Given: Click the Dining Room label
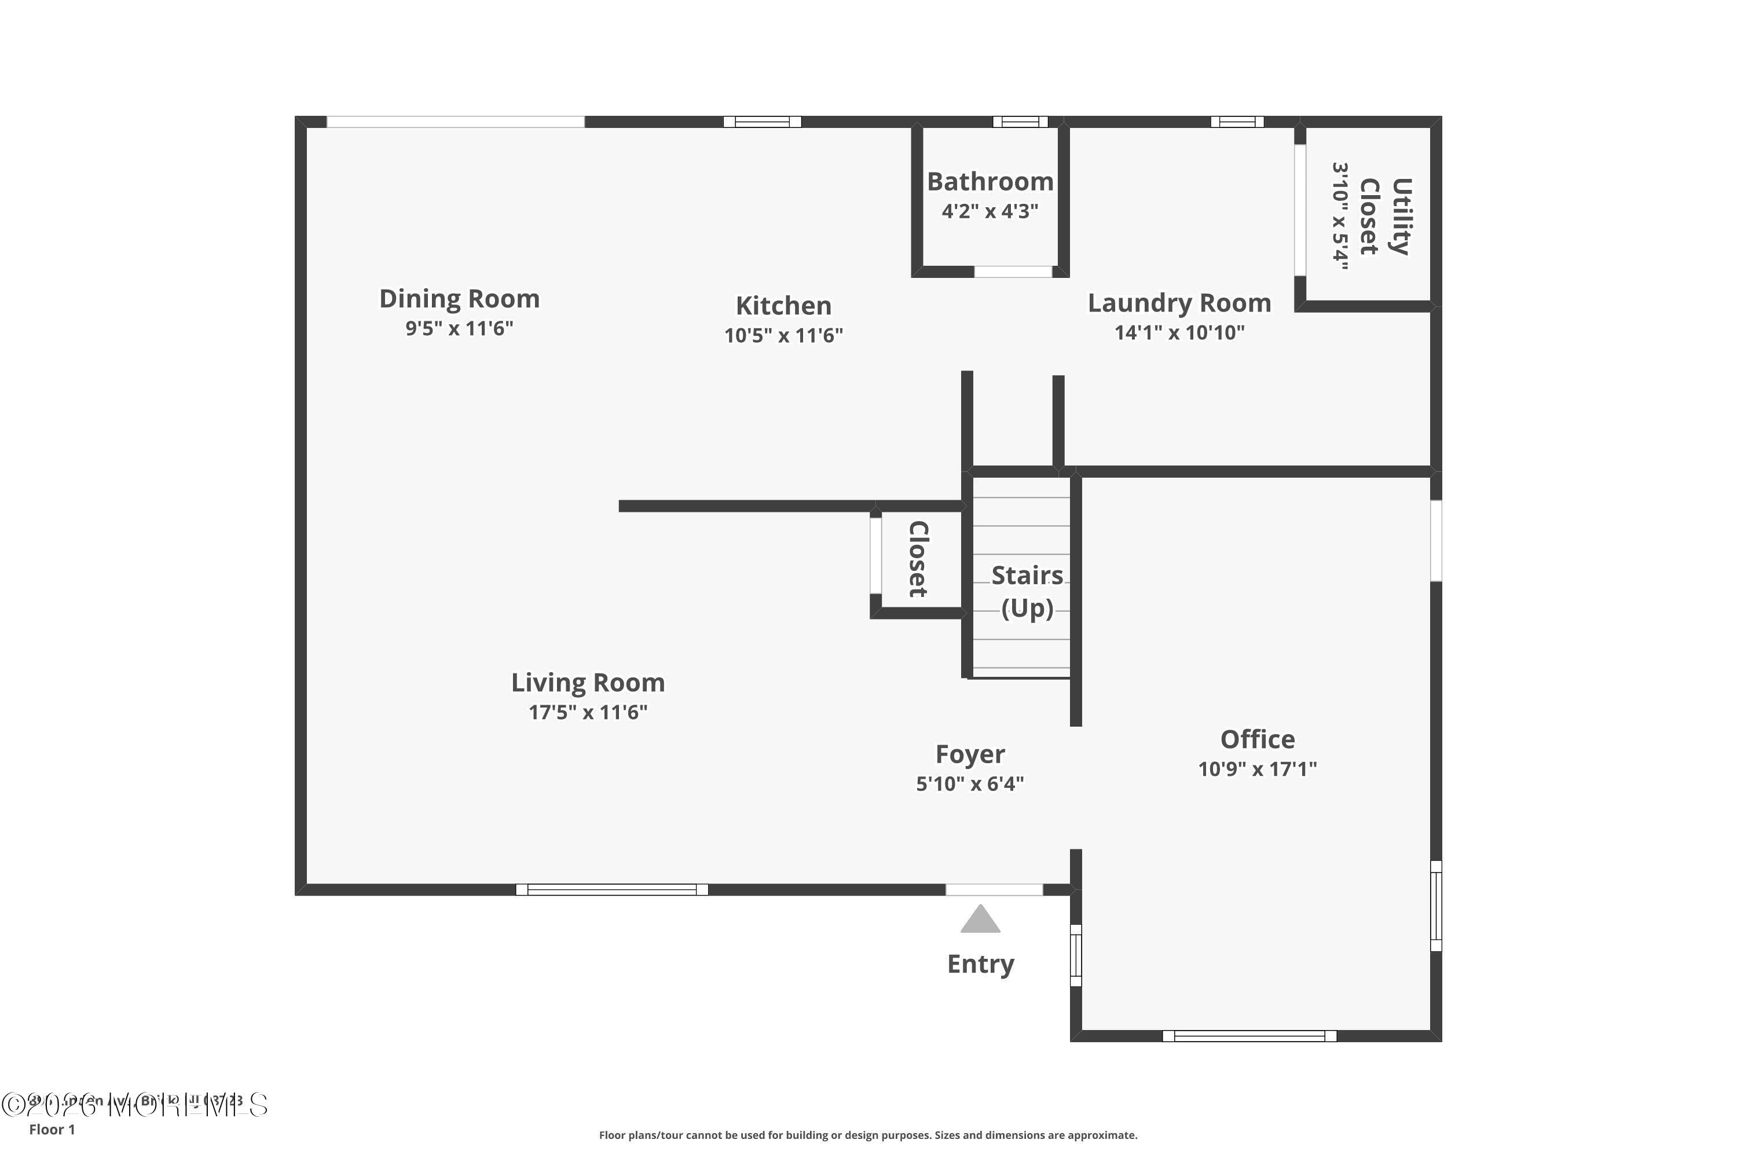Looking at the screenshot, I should coord(459,299).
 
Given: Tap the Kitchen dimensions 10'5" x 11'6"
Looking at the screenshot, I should coord(783,335).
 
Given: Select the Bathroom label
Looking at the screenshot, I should coord(990,182).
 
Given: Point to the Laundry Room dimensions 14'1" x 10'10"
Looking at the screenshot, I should coord(1179,332).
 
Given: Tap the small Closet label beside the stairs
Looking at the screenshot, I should coord(917,559).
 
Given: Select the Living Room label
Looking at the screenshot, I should coord(588,683).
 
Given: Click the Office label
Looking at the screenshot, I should coord(1257,739).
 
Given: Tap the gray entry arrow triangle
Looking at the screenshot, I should coord(980,920).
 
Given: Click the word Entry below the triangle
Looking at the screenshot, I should coord(980,964).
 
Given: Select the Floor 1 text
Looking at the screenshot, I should coord(52,1129).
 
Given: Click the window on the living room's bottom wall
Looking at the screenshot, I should coord(611,890).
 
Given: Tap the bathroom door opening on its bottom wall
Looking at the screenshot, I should coord(1013,272).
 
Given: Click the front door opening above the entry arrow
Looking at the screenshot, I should coord(994,890).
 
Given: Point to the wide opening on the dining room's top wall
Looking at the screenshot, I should coord(456,122).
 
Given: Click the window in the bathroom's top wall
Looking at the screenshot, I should coord(1020,122).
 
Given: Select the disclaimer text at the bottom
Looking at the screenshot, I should coord(868,1135).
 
